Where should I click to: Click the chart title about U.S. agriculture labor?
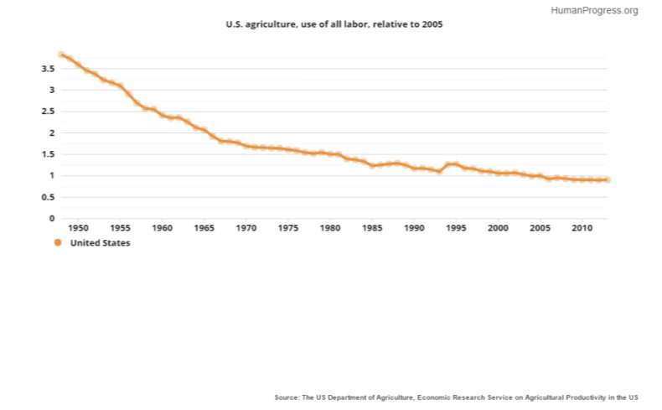coord(334,24)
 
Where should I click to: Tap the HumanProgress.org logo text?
coord(595,11)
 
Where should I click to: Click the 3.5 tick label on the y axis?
coord(48,69)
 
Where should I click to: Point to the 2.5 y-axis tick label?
coord(48,112)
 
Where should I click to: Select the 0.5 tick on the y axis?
coord(48,197)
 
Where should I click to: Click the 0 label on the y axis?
coord(52,219)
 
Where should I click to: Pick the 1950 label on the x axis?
coord(78,227)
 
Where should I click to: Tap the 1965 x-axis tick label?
coord(204,227)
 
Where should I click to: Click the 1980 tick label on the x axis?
coord(330,227)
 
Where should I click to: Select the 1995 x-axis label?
coord(456,227)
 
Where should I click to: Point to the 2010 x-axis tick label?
coord(582,227)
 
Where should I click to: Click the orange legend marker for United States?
coord(58,243)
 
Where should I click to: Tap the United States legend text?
coord(100,243)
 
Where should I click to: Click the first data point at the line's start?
coord(61,54)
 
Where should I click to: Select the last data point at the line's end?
coord(607,179)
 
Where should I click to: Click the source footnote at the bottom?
coord(456,397)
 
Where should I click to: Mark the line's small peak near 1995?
coord(453,164)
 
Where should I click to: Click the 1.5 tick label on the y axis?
coord(48,154)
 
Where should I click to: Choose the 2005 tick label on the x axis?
coord(540,227)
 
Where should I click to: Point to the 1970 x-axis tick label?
coord(246,227)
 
